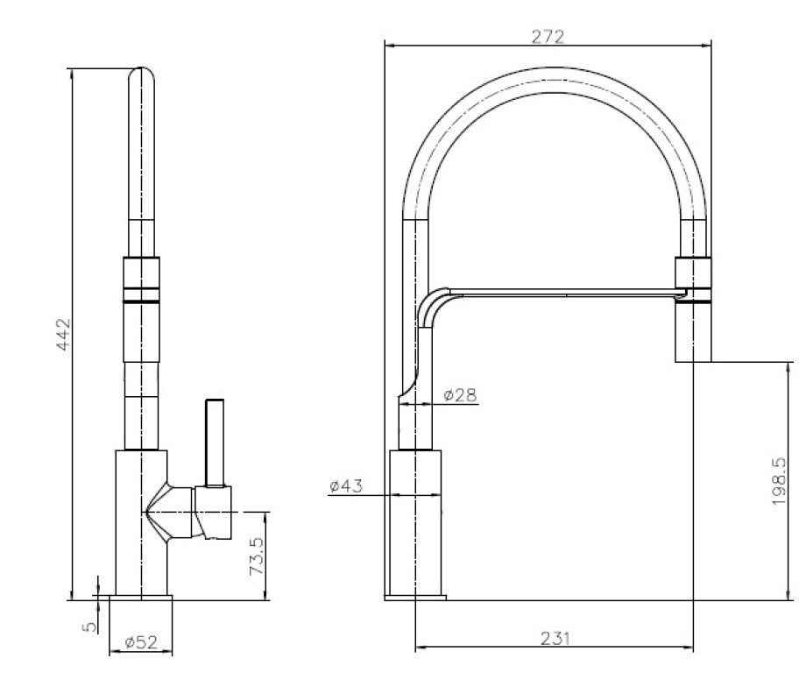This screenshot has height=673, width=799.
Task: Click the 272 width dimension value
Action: [x=548, y=37]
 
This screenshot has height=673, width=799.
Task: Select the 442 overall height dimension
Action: [x=63, y=335]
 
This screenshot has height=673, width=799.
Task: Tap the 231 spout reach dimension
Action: [x=555, y=638]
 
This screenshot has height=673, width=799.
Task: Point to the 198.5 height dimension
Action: [x=779, y=481]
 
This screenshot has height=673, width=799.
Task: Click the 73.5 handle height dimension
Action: [x=257, y=556]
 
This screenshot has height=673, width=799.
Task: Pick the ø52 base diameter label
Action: [x=141, y=642]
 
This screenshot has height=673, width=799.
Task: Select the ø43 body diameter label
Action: [x=346, y=485]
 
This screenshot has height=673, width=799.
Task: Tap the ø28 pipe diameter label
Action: [x=460, y=394]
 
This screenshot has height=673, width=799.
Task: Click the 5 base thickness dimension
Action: [x=89, y=626]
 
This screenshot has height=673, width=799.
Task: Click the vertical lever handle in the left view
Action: [x=215, y=443]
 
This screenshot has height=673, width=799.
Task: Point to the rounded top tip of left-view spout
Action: [x=141, y=70]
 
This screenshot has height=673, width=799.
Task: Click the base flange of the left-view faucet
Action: [x=141, y=598]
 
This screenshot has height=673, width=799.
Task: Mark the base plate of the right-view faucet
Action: [x=415, y=598]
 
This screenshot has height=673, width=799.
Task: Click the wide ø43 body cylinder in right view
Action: [x=415, y=522]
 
